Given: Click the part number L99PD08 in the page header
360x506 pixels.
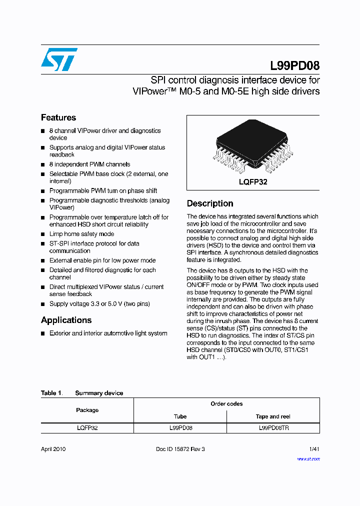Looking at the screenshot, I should [294, 65].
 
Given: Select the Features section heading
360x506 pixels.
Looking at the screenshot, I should [58, 117].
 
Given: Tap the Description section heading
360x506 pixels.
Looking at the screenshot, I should [210, 203].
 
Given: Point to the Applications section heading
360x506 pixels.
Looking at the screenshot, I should [66, 320].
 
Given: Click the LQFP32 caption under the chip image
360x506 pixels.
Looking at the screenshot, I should [253, 182].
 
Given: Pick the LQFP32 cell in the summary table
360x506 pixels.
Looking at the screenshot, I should [87, 428].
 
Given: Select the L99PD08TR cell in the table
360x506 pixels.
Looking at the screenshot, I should [273, 428].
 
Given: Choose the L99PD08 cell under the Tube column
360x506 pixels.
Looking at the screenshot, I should [180, 428].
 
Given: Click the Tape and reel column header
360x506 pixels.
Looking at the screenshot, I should [273, 416].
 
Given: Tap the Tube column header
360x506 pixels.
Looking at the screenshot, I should [180, 416].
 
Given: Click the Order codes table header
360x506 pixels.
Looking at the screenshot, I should [226, 404].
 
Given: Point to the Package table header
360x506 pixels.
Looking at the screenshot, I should [87, 410].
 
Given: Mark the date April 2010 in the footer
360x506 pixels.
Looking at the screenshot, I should [53, 449].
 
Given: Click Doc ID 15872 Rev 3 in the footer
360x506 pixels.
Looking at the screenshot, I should [180, 449].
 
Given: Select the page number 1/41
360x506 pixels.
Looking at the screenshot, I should [314, 449].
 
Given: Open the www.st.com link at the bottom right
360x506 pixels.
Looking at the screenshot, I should [308, 458].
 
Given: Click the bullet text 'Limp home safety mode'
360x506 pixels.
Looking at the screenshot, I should [81, 234].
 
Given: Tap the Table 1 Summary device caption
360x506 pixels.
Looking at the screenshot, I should [82, 393].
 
